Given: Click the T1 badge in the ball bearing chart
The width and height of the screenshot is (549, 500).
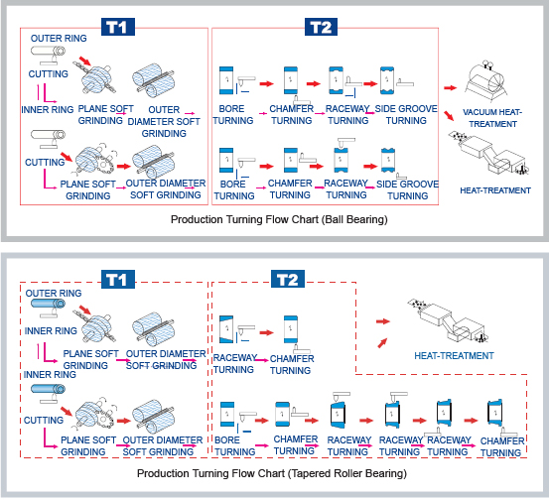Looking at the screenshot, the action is click(x=118, y=27).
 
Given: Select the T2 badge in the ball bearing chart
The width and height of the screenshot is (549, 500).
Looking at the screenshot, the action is click(x=321, y=27).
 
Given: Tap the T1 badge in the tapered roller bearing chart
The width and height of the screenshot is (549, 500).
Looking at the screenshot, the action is click(x=118, y=279).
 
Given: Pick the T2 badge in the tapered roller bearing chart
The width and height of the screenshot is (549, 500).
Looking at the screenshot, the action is click(x=288, y=279).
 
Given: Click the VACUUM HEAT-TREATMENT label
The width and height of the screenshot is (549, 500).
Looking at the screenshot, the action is click(x=492, y=118).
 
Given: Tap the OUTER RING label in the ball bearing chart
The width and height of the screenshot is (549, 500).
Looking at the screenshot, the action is click(x=59, y=38).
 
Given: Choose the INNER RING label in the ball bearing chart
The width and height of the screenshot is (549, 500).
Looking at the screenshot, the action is click(x=48, y=109).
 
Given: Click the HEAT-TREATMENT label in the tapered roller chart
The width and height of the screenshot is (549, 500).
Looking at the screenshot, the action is click(x=454, y=356).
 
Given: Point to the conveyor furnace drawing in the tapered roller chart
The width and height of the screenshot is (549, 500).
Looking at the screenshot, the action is click(x=448, y=320).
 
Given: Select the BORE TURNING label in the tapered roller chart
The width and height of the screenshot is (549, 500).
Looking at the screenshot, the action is click(x=234, y=445).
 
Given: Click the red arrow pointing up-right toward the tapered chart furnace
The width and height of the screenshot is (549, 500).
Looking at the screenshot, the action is click(x=382, y=343).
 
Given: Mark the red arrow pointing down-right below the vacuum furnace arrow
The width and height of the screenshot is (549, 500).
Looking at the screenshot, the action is click(x=449, y=116).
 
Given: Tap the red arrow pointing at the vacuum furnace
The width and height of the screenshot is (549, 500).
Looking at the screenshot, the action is click(x=451, y=88).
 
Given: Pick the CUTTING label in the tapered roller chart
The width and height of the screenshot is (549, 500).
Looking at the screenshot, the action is click(x=44, y=420).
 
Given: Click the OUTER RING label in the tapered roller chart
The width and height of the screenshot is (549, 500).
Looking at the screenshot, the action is click(x=54, y=294).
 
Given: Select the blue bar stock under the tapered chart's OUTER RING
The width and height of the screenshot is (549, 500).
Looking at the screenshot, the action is click(x=48, y=303).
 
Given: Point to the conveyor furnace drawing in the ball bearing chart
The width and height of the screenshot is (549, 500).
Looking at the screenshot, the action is click(x=488, y=153).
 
